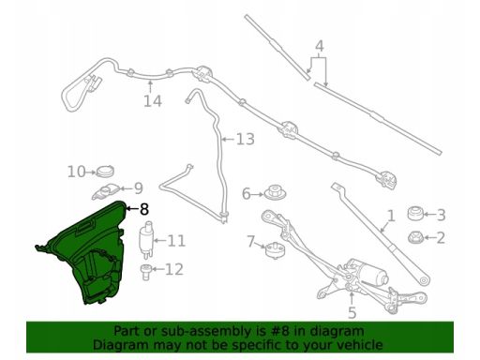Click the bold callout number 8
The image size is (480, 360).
(144, 209)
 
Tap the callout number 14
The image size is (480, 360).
(153, 101)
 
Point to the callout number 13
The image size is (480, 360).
(246, 139)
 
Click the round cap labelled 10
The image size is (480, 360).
(105, 172)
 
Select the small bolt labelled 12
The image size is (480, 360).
(145, 272)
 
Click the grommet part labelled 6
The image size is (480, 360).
(275, 192)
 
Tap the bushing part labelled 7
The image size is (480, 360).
(275, 250)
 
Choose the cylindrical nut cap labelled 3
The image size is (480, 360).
(416, 214)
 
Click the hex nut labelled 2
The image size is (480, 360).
(416, 237)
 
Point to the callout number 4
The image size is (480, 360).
(319, 46)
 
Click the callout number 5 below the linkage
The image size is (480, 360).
(352, 312)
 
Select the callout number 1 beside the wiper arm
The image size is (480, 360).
(391, 216)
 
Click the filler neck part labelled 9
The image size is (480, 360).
(105, 191)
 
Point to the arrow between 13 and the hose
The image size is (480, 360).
(228, 139)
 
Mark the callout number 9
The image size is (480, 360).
(138, 188)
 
